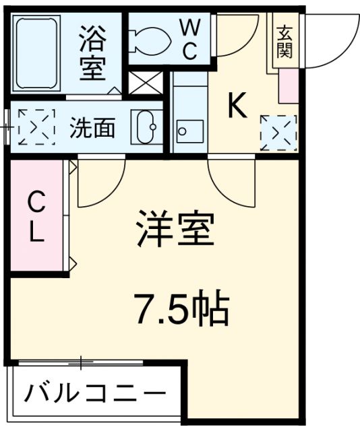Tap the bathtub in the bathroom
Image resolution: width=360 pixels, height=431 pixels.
[36, 53]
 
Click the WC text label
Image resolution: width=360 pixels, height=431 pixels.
[189, 39]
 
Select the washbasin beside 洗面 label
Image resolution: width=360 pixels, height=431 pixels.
[146, 126]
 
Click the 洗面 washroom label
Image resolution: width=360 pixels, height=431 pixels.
[92, 127]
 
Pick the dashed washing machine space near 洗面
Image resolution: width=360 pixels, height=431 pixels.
[36, 126]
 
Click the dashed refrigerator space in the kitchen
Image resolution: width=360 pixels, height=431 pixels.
[278, 132]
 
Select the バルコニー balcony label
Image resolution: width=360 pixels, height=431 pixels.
[95, 393]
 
